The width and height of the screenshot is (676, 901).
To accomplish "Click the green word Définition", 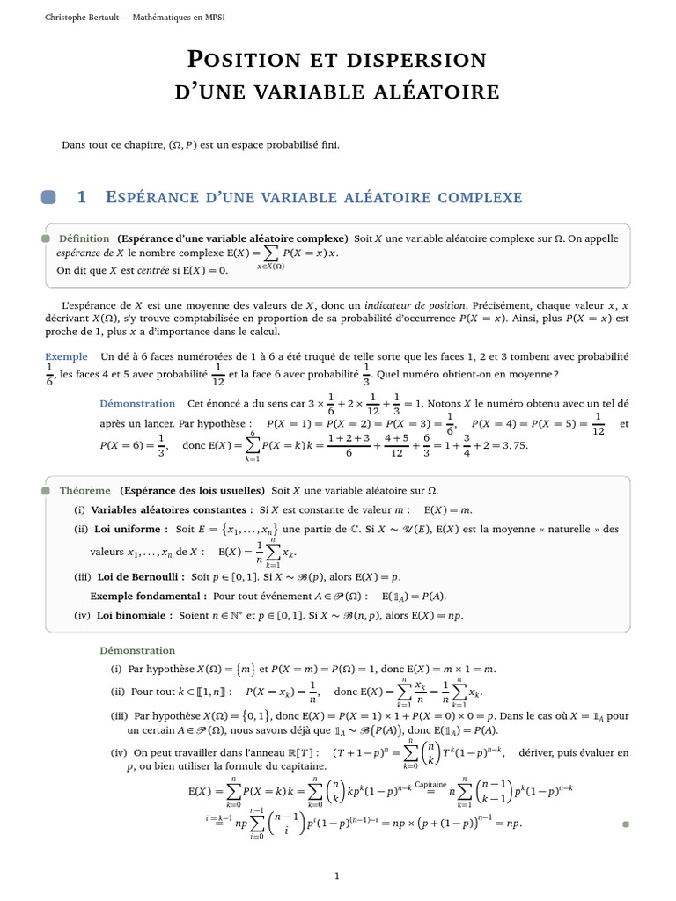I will [x=84, y=238].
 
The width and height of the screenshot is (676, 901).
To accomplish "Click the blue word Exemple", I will [x=67, y=356].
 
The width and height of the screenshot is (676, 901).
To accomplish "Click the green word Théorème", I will [x=84, y=490].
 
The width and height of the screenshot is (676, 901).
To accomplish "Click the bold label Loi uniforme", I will [x=131, y=529].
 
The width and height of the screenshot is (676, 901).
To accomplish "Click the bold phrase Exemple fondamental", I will [x=136, y=596].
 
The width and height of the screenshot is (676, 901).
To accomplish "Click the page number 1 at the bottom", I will [x=337, y=875].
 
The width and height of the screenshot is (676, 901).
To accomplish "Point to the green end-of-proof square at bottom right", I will [x=626, y=824].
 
